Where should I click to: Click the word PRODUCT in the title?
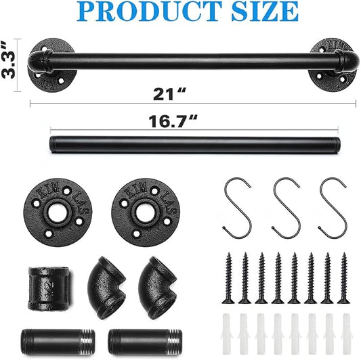(149, 11)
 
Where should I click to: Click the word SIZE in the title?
(264, 11)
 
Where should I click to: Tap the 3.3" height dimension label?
(9, 60)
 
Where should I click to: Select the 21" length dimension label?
(169, 94)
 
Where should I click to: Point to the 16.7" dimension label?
(173, 121)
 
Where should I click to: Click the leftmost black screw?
(228, 278)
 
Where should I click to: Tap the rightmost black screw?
(344, 278)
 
